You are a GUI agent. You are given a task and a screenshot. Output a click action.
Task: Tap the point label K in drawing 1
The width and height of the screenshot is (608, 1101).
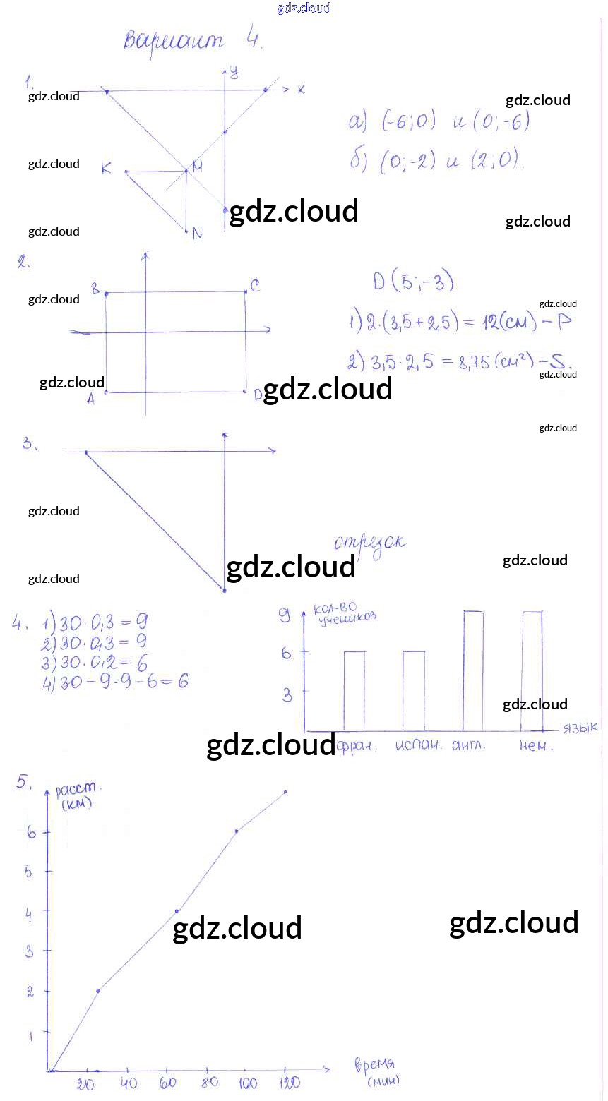pyautogui.click(x=106, y=168)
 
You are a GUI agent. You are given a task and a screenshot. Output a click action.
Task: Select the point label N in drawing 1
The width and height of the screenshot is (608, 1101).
pyautogui.click(x=197, y=233)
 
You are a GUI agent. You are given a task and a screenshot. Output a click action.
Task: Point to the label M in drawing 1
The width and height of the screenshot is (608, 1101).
pyautogui.click(x=197, y=167)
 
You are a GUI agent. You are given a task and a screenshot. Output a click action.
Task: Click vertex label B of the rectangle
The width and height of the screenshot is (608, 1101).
pyautogui.click(x=95, y=288)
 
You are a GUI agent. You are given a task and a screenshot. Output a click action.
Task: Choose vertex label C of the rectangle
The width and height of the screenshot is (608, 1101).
pyautogui.click(x=254, y=285)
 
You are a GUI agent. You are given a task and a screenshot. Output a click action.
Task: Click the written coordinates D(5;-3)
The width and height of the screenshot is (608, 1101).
pyautogui.click(x=413, y=282)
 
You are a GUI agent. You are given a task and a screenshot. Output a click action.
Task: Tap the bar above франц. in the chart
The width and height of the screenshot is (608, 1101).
pyautogui.click(x=354, y=690)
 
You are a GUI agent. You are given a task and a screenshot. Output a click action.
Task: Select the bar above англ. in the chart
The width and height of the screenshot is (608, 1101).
pyautogui.click(x=473, y=670)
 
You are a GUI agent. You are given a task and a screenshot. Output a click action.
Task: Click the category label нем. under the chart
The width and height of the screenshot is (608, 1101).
pyautogui.click(x=537, y=746)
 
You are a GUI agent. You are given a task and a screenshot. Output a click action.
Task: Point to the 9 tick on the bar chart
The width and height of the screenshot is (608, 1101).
pyautogui.click(x=285, y=616)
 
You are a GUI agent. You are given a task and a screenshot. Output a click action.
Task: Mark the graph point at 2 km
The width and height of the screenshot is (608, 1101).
pyautogui.click(x=98, y=991)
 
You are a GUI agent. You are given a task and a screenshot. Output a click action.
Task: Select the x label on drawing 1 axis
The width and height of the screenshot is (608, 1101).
pyautogui.click(x=301, y=90)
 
